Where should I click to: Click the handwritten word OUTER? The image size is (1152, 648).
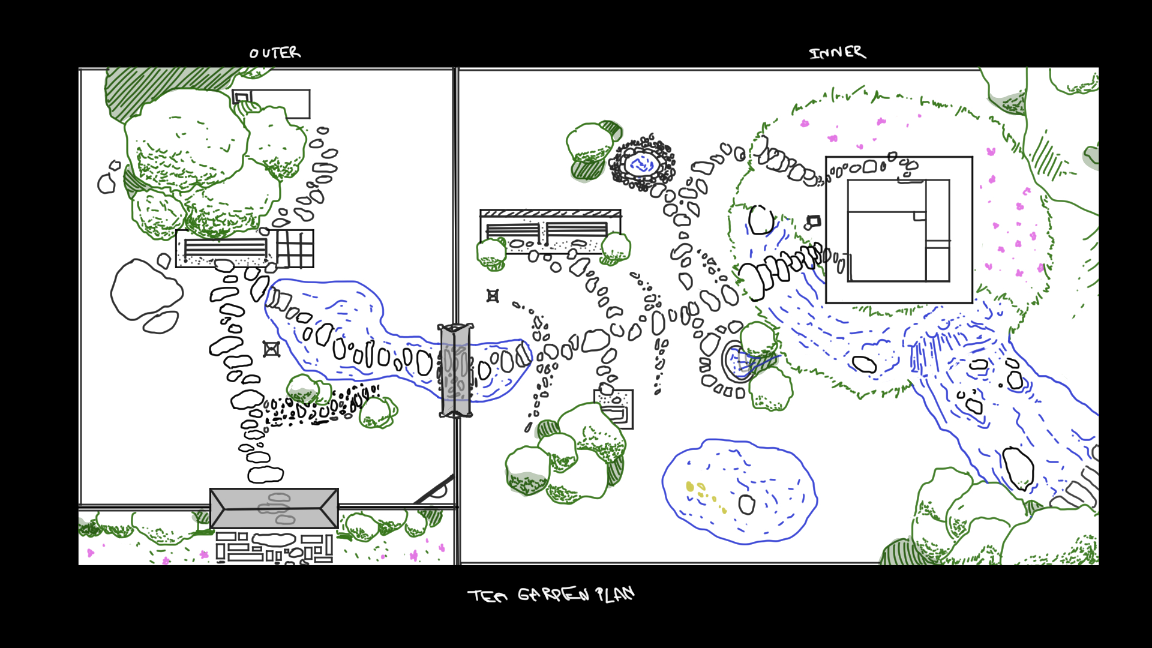275,53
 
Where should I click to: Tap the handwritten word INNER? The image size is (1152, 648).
838,53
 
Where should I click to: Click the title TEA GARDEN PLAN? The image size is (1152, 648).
551,595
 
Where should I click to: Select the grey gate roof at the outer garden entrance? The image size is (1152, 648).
274,508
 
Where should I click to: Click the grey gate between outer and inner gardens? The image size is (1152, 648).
455,370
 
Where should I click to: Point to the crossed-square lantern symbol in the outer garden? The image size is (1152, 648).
271,349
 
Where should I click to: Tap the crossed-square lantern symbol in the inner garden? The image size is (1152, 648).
493,296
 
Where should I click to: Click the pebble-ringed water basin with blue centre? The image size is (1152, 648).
643,163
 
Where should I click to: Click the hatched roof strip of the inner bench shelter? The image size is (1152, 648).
550,213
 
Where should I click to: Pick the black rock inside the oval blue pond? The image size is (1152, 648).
746,505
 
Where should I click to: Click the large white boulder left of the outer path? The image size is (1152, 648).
146,289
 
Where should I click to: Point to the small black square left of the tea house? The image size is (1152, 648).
814,222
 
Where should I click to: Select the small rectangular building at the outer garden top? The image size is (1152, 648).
271,104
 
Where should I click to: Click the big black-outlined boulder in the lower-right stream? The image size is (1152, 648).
1018,468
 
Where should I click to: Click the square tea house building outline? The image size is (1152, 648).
899,230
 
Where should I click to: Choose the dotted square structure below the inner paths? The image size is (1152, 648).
614,409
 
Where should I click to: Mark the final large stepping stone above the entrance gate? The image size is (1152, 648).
266,475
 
